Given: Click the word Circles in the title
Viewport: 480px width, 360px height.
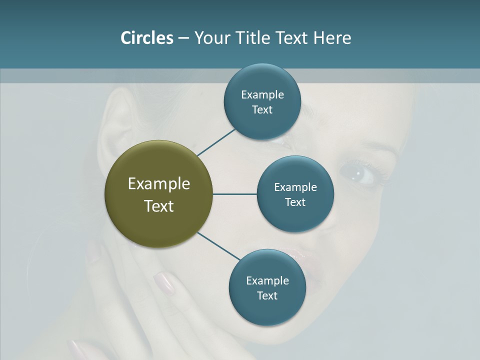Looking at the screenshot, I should click(146, 38).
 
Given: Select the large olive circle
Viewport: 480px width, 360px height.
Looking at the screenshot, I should click(159, 194).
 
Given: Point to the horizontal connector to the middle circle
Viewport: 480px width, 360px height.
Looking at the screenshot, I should click(235, 194).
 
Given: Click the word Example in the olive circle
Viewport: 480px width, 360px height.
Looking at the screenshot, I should click(159, 184).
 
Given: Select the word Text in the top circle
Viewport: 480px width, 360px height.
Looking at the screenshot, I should click(262, 110).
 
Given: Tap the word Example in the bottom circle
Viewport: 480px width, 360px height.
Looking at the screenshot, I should click(267, 280).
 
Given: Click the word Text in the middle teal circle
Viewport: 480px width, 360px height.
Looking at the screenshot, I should click(295, 202).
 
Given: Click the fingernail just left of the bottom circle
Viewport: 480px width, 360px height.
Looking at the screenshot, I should click(163, 282).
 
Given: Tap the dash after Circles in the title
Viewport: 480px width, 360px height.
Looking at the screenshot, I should click(183, 38).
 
